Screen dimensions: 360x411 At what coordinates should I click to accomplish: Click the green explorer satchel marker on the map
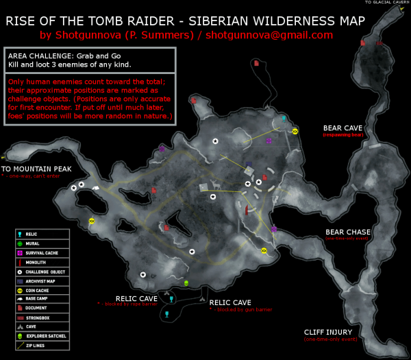click(186, 283)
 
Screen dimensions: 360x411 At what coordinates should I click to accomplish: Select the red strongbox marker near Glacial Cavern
click(362, 43)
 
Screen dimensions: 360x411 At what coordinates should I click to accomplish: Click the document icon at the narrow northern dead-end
click(256, 62)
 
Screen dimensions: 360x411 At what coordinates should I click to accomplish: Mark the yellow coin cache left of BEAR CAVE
click(295, 131)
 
